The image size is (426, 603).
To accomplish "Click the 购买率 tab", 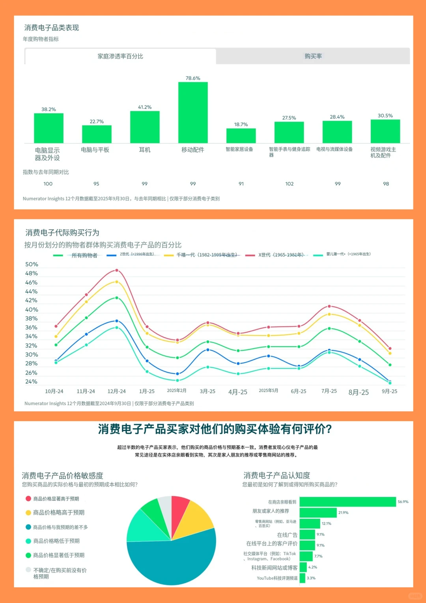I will pos(313,56).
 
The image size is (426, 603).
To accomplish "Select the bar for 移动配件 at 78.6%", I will pos(193,112).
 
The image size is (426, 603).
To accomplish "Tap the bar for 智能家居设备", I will pos(241,136).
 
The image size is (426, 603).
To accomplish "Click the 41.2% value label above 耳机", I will pos(145,107).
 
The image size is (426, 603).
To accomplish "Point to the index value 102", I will pos(290,184).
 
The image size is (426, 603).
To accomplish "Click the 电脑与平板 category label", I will pos(95,150).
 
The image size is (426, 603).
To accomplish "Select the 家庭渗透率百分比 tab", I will pos(120,56).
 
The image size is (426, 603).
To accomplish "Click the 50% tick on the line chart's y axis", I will pos(32,264).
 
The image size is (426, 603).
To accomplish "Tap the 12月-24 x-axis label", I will pos(116,391).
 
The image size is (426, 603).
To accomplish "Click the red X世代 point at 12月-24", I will pos(117,270).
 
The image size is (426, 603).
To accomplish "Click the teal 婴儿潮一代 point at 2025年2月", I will pos(177,380).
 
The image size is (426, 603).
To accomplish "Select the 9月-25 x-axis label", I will pos(389,391).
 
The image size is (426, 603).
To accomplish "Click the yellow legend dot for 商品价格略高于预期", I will pos(28,513).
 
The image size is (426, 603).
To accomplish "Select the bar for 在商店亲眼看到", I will pos(348,502).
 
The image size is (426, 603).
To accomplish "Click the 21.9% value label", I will pos(343,513).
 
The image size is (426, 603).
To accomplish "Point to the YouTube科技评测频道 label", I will pos(277,578).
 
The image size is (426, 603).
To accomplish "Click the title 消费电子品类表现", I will pos(52,28).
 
